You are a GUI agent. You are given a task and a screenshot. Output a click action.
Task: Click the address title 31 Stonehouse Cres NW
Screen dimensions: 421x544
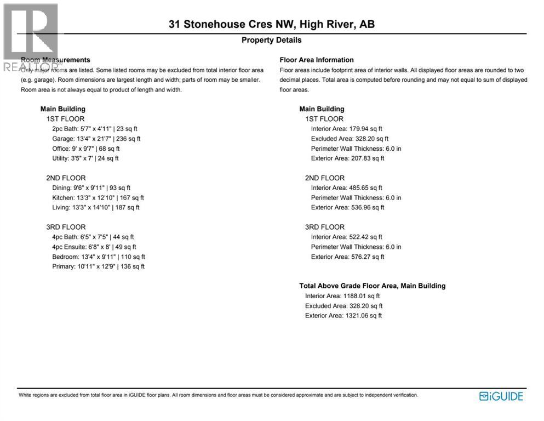click(272, 24)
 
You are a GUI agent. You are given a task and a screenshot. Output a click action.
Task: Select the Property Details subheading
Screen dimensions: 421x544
click(272, 40)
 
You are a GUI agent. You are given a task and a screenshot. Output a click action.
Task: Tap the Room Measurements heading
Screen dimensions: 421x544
click(55, 60)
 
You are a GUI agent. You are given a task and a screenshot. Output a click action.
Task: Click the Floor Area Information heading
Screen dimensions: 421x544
click(317, 60)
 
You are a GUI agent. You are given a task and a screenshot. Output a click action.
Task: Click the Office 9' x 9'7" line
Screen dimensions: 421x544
click(86, 149)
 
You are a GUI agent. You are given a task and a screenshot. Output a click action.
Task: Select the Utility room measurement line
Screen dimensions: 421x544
click(85, 158)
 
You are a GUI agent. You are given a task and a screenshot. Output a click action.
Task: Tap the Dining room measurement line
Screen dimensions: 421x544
click(91, 188)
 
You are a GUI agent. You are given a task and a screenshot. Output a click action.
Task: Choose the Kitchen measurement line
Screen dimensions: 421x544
click(98, 198)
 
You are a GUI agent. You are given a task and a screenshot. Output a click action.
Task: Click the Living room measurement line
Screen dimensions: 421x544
click(96, 208)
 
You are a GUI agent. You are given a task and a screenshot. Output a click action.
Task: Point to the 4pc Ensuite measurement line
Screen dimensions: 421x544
click(93, 247)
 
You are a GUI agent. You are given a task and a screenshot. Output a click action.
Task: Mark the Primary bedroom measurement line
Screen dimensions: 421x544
click(99, 267)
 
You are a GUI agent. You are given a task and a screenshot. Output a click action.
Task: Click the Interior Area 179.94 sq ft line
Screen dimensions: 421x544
click(346, 129)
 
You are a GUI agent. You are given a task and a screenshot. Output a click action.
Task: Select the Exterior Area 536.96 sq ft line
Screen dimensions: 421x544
click(347, 208)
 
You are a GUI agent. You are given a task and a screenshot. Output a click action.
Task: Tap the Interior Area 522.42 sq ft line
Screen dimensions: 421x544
click(346, 237)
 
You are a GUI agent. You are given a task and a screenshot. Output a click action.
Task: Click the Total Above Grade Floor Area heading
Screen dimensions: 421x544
click(372, 286)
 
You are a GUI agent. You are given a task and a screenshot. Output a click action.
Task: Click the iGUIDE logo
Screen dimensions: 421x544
click(501, 396)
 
